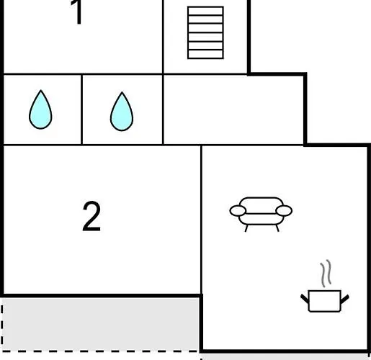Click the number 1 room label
pyautogui.click(x=77, y=12)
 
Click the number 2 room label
pyautogui.click(x=91, y=216)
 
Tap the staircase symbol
pyautogui.click(x=205, y=32)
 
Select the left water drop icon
pyautogui.click(x=40, y=109)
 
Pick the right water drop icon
pyautogui.click(x=122, y=112)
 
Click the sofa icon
pyautogui.click(x=261, y=214)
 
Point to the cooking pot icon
pyautogui.click(x=325, y=301)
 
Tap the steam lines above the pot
pyautogui.click(x=326, y=274)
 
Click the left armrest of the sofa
pyautogui.click(x=238, y=211)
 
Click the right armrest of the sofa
pyautogui.click(x=284, y=211)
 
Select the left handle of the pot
pyautogui.click(x=305, y=299)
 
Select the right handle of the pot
pyautogui.click(x=345, y=299)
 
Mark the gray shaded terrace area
pyautogui.click(x=101, y=324)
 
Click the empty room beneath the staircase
pyautogui.click(x=233, y=109)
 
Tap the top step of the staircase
pyautogui.click(x=205, y=11)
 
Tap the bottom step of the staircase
pyautogui.click(x=205, y=54)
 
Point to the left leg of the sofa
pyautogui.click(x=246, y=228)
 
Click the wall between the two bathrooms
pyautogui.click(x=82, y=109)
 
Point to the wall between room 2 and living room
pyautogui.click(x=201, y=220)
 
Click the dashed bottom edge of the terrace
pyautogui.click(x=101, y=351)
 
